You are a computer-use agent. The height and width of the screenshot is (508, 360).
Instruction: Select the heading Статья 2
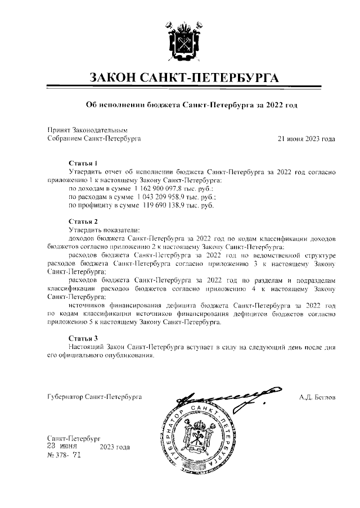click(83, 221)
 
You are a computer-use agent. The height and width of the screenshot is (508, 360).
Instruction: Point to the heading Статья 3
click(83, 338)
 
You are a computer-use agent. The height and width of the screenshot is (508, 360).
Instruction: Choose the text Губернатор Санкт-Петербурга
click(94, 397)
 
